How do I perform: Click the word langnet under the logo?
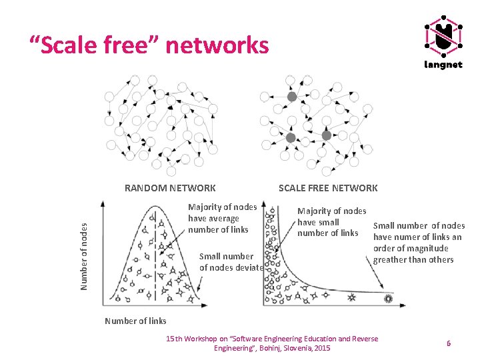(443, 65)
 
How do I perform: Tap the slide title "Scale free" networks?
(149, 45)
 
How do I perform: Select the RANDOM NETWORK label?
(170, 188)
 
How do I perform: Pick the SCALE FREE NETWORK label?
(328, 188)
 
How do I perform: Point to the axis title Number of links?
(135, 321)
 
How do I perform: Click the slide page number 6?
(449, 343)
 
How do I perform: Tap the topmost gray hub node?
(291, 97)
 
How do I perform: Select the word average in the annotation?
(223, 218)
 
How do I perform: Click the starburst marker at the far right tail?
(389, 299)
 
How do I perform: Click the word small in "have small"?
(328, 222)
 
